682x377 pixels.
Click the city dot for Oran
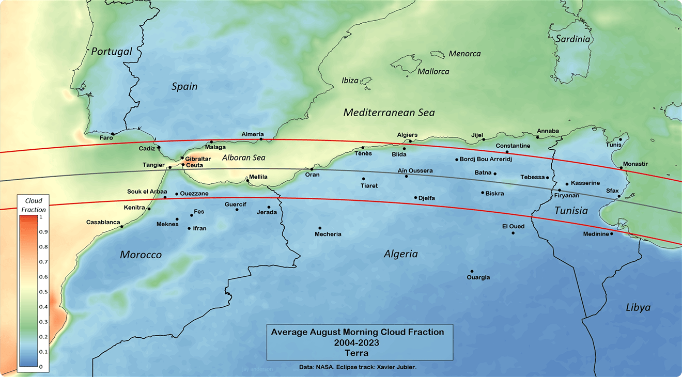312,169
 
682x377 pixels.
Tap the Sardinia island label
572,39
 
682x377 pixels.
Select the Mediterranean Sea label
389,112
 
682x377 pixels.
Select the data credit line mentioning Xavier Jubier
358,367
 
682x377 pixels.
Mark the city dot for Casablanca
121,227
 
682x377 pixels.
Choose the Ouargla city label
478,277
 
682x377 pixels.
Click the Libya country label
638,308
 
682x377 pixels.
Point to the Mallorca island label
433,72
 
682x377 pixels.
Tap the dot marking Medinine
612,234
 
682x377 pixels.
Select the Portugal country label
112,51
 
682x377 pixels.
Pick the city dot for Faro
113,134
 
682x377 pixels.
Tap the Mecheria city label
328,234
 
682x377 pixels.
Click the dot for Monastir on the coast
621,168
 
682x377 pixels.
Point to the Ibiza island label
350,81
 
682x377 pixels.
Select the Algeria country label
400,254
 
